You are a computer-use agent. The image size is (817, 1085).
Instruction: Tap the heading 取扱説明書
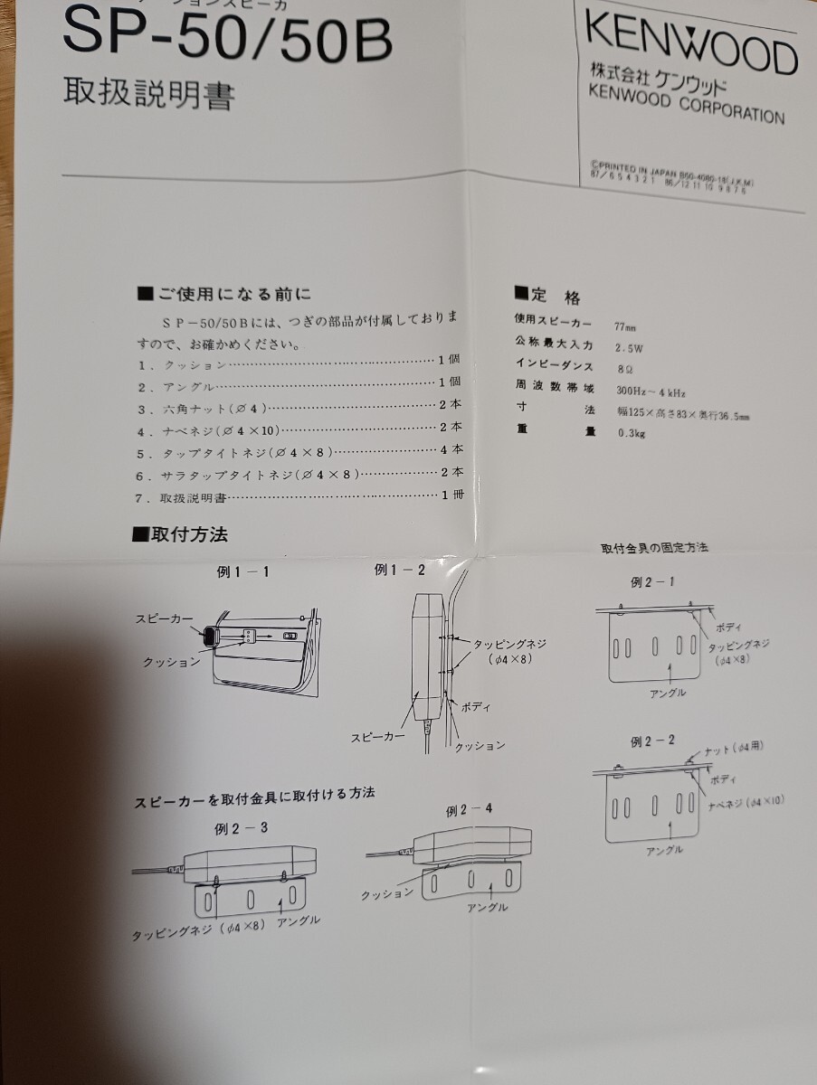(149, 94)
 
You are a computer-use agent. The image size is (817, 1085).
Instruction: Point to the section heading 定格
(548, 296)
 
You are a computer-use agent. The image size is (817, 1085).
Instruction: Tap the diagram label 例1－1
(242, 571)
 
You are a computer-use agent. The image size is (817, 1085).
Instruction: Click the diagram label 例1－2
(399, 570)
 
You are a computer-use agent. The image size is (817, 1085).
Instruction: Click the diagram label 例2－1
(652, 581)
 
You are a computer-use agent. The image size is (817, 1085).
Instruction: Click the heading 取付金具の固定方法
(654, 548)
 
